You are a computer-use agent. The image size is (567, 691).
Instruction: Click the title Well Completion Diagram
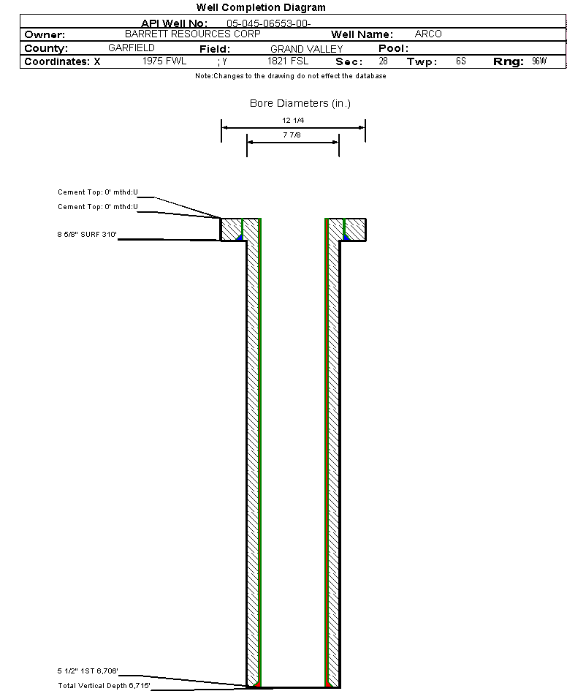point(261,7)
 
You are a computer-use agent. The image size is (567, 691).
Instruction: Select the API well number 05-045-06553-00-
point(269,23)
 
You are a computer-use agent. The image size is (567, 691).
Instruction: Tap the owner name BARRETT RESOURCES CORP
point(193,34)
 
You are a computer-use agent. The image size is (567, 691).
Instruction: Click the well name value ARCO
point(428,34)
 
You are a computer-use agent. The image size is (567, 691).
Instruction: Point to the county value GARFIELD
point(132,48)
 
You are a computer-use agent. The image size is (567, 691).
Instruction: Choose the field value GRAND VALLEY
point(306,49)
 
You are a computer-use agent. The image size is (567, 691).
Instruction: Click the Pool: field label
point(394,48)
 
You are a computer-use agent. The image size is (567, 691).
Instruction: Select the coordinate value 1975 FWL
point(164,61)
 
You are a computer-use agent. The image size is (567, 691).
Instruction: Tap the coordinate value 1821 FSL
point(288,61)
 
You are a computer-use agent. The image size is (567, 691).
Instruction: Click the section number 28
point(383,61)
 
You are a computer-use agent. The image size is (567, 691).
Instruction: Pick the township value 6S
point(461,61)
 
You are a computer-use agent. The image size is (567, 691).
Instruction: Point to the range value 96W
point(539,61)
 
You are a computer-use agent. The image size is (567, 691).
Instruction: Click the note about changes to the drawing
point(291,76)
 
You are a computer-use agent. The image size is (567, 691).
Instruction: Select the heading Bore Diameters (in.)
point(300,103)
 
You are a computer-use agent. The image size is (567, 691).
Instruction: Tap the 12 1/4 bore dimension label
point(293,121)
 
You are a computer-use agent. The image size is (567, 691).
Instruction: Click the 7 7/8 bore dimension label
point(292,135)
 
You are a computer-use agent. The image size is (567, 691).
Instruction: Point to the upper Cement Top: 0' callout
point(98,192)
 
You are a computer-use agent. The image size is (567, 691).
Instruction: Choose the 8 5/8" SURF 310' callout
point(87,235)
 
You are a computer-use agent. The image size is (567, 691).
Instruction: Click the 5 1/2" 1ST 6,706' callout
point(88,671)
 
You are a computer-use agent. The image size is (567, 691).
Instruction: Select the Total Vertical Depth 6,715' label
point(104,685)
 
